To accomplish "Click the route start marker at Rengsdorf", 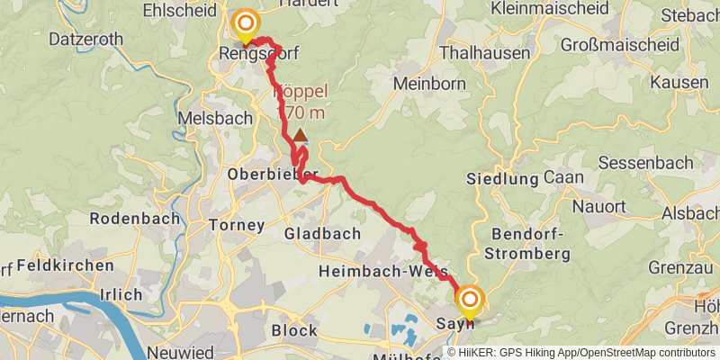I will coord(245,23).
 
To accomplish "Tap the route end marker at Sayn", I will coord(470,299).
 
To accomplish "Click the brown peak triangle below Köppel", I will coord(300,134).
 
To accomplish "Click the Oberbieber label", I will coord(273,174).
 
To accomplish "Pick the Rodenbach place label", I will coord(134,219).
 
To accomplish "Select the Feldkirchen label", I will coord(66,265).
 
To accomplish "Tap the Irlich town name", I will coord(122,294).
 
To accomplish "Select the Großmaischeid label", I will coord(613,44).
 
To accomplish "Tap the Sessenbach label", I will coord(645,163).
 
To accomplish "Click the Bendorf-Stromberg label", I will coord(531,244).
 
